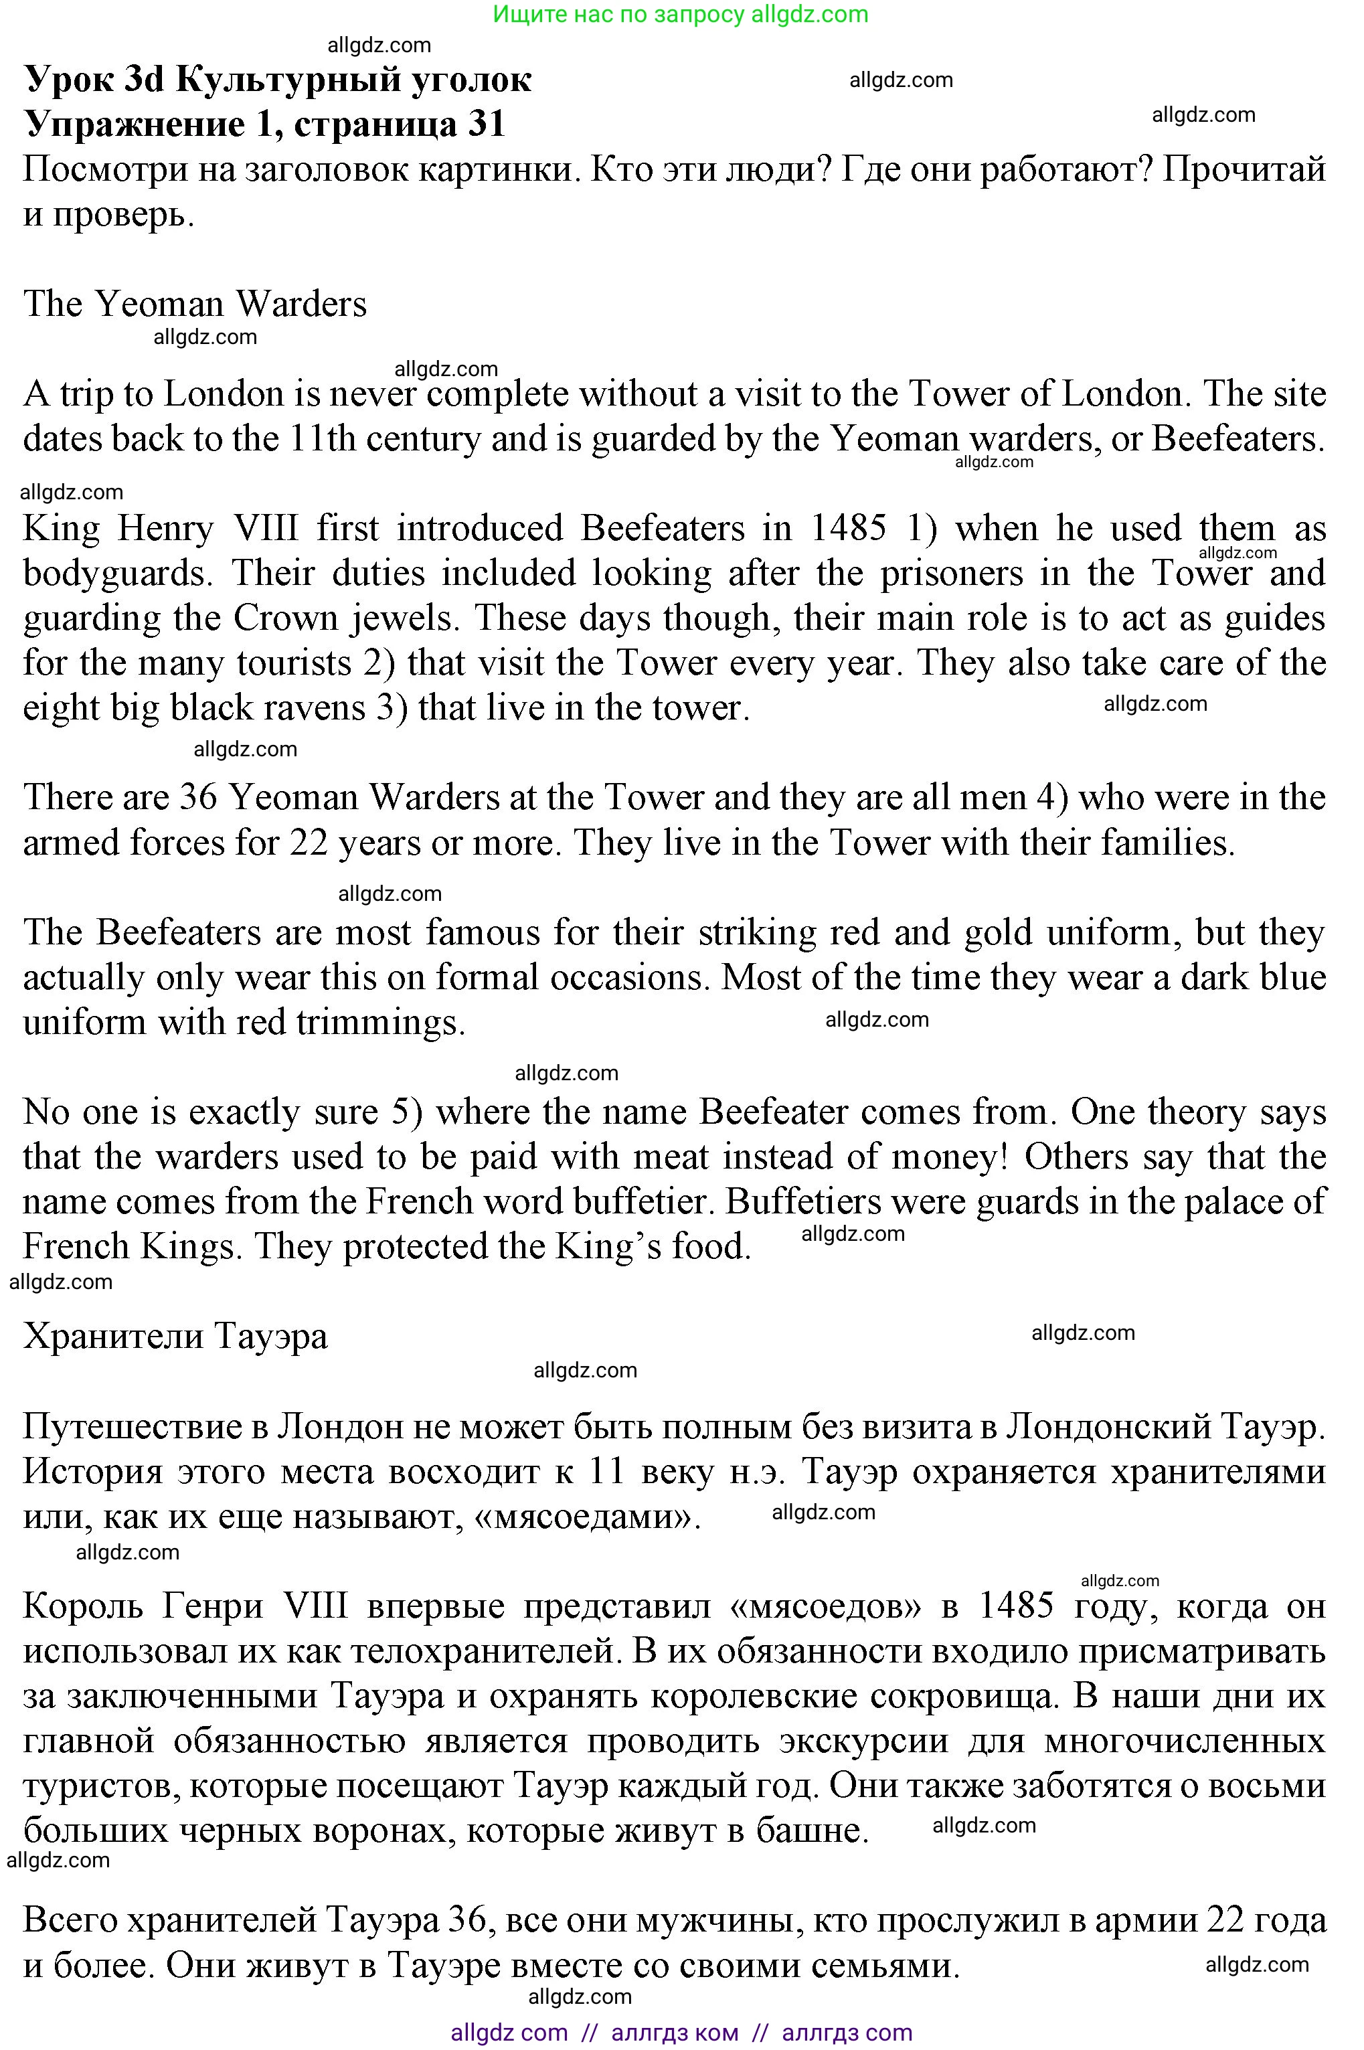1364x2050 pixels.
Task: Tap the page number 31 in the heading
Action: [x=487, y=124]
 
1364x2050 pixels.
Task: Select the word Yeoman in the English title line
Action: [x=159, y=305]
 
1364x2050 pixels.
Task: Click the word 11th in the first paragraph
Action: [x=322, y=439]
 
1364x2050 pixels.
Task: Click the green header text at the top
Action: [x=680, y=14]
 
